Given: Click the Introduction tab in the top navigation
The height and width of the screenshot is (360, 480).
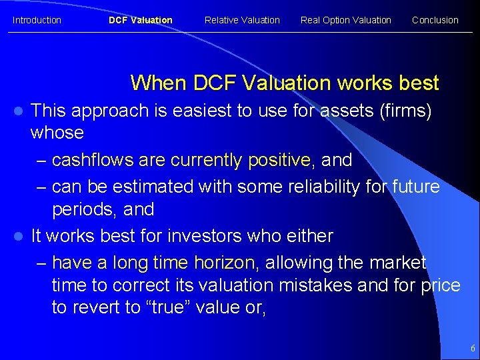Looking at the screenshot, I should click(37, 20).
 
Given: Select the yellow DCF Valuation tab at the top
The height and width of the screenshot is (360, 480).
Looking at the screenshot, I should click(140, 20).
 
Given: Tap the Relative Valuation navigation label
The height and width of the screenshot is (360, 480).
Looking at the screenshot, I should click(242, 20).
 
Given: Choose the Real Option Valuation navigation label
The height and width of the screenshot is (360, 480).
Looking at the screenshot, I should click(345, 20).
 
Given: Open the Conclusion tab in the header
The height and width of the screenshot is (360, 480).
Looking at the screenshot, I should click(435, 20).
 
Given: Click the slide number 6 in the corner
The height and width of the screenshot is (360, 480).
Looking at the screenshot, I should click(472, 348).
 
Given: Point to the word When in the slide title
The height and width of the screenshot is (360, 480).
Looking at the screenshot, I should click(158, 83).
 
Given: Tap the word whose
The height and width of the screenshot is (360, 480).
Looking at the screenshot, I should click(57, 133).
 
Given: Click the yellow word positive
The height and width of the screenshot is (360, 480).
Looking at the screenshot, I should click(279, 161).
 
